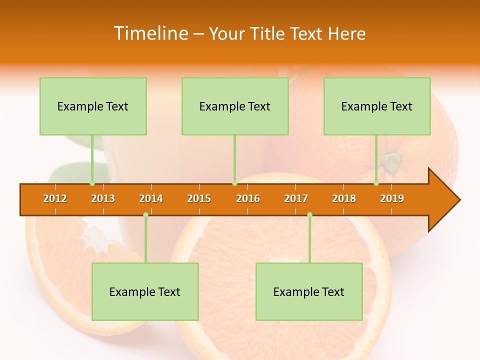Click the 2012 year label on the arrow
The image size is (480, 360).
click(x=55, y=198)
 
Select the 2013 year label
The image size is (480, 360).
click(x=103, y=198)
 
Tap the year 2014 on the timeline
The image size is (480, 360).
click(x=151, y=198)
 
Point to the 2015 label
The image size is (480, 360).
click(x=199, y=198)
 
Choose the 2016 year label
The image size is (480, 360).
click(x=248, y=198)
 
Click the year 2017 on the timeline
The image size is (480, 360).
click(x=296, y=198)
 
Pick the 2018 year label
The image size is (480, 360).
click(x=344, y=198)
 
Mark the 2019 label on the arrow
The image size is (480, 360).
click(x=392, y=198)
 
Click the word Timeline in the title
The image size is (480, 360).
click(x=150, y=33)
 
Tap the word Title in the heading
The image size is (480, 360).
click(x=269, y=33)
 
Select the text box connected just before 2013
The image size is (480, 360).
click(x=93, y=106)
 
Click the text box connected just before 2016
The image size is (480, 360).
click(x=235, y=106)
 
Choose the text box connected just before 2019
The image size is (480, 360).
click(x=377, y=106)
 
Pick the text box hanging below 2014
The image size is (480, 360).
click(x=145, y=291)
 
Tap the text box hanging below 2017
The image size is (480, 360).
click(x=309, y=291)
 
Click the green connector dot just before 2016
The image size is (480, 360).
click(x=234, y=183)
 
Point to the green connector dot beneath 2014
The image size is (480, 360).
click(x=145, y=214)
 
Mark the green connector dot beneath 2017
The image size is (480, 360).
click(x=309, y=214)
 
